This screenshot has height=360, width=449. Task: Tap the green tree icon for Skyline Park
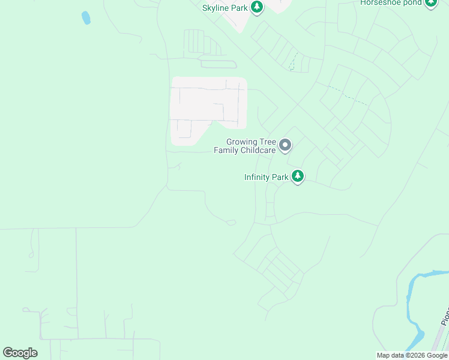[x=258, y=7]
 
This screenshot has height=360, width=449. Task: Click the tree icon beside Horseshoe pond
[x=430, y=3]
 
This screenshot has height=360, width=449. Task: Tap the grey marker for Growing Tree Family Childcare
[x=286, y=146]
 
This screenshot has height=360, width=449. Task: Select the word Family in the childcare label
[x=226, y=150]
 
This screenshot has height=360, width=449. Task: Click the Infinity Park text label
[x=266, y=177]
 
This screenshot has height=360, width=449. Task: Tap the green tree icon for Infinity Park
[x=298, y=176]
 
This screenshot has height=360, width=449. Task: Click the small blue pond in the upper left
[x=86, y=17]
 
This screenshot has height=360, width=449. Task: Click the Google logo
[x=20, y=353]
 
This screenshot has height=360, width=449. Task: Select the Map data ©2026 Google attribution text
[x=412, y=355]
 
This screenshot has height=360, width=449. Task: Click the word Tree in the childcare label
[x=267, y=142]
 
